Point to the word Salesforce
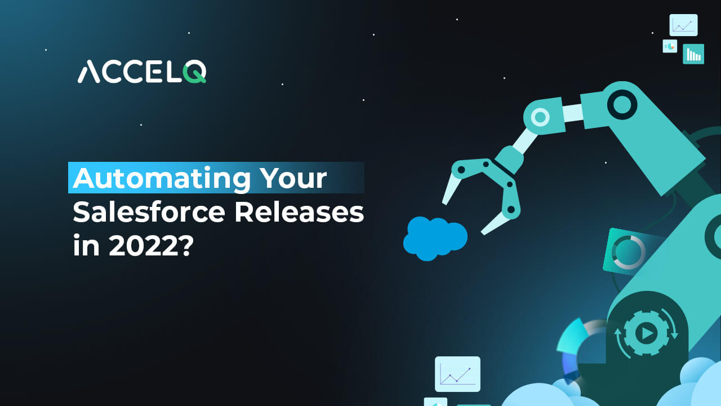[149, 213]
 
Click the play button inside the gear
[646, 334]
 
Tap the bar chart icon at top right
[693, 54]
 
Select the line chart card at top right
[683, 25]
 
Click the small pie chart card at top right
[670, 46]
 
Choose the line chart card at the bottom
[457, 374]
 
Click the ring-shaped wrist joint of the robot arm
[540, 117]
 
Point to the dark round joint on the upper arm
[622, 104]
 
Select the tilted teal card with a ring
[627, 251]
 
